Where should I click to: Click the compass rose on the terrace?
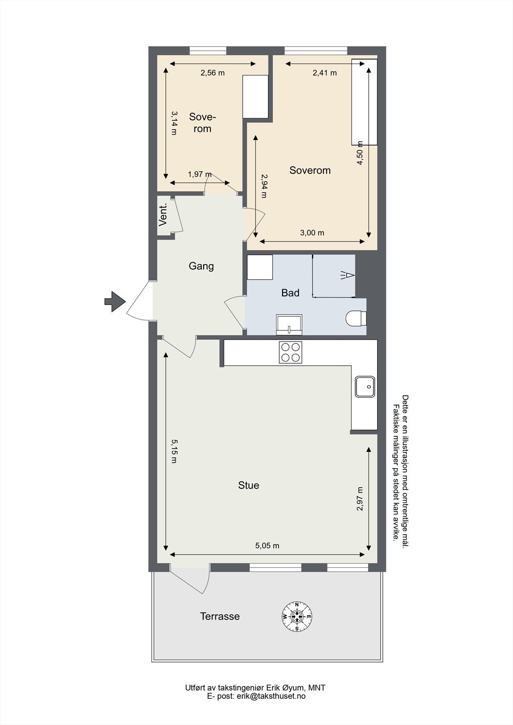point(297,616)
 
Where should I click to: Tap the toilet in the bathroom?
point(356,318)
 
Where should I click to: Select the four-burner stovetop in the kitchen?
point(290,352)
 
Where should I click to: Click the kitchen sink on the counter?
point(365,387)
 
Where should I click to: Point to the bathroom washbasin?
point(289,324)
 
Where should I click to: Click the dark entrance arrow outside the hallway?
point(115,301)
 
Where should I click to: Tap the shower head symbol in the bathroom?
point(348,275)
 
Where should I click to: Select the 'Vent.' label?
point(163,215)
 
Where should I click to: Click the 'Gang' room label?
point(201,266)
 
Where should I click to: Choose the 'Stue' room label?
point(249,485)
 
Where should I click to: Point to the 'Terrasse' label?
point(220,616)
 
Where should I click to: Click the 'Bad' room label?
point(290,293)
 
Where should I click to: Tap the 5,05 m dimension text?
point(267,546)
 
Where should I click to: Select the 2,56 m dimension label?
point(213,73)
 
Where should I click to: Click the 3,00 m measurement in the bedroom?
point(312,233)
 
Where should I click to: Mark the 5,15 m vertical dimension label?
point(174,451)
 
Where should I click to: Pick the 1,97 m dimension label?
point(200,174)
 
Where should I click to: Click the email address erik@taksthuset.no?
point(272,696)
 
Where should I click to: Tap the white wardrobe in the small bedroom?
point(255,97)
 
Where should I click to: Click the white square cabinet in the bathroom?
point(260,267)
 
